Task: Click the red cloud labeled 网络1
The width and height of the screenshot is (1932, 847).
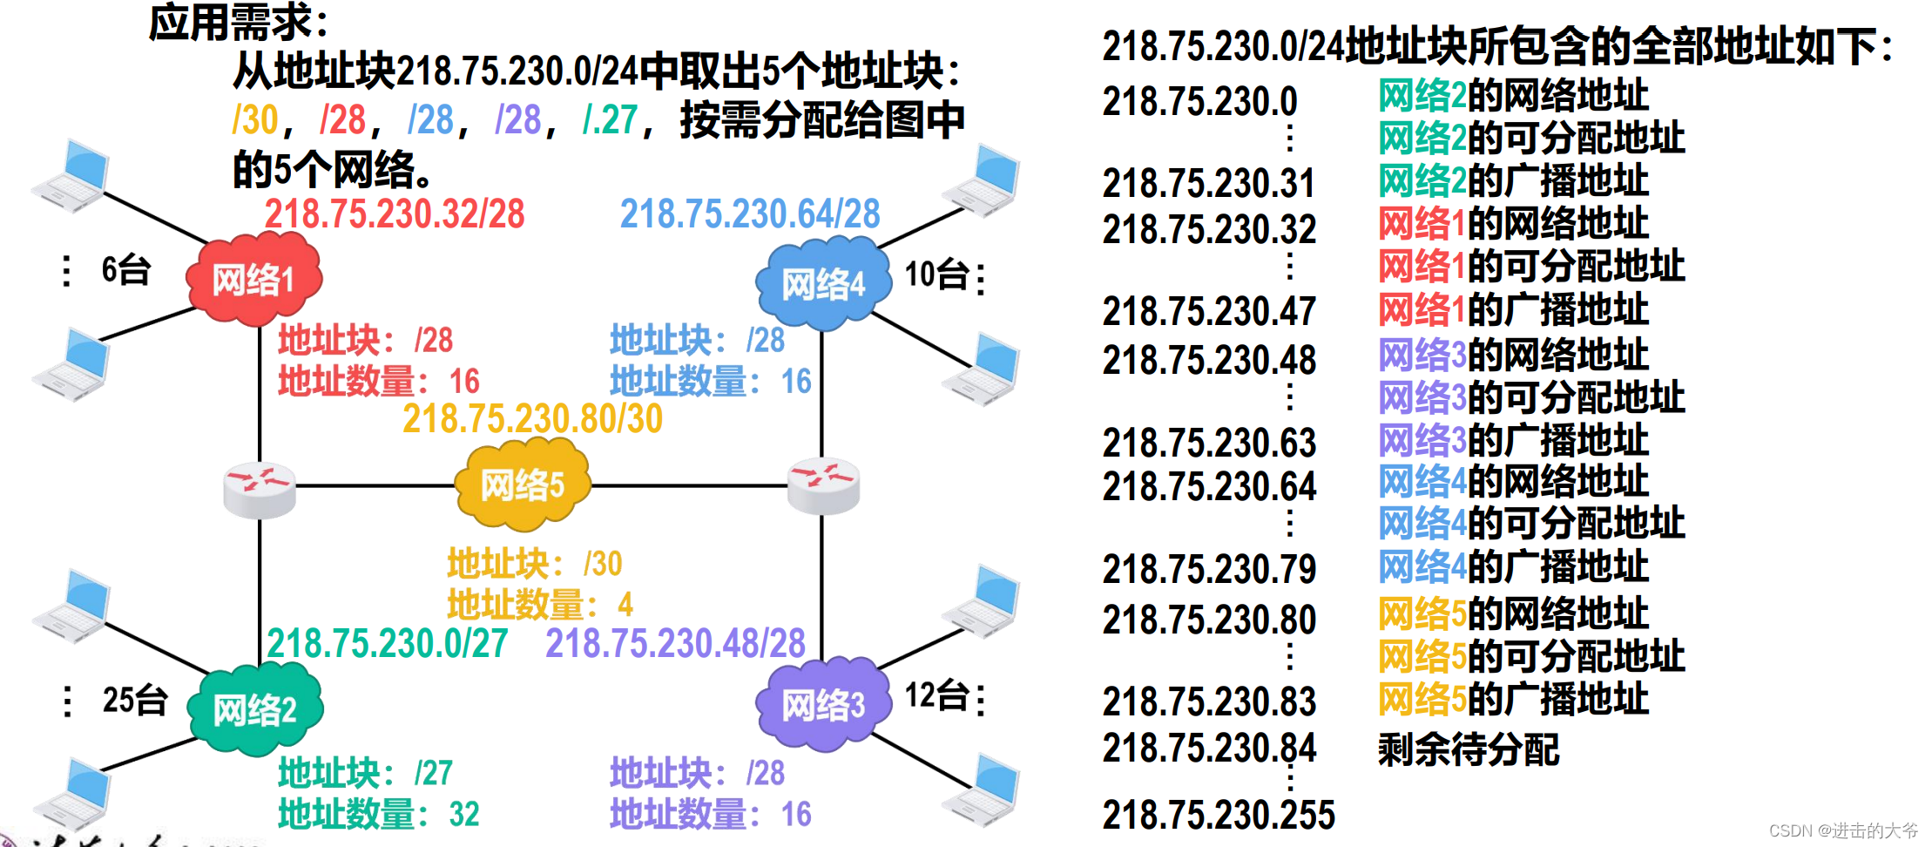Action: coord(253,280)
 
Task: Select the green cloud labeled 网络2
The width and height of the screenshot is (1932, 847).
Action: coord(255,709)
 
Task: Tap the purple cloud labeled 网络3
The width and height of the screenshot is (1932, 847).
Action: coord(823,704)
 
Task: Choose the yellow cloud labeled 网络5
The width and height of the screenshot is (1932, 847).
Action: coord(523,484)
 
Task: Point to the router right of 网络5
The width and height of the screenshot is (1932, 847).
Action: coord(823,485)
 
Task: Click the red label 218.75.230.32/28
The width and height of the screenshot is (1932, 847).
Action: coord(395,214)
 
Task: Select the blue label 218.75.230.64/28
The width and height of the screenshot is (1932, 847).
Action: coord(750,214)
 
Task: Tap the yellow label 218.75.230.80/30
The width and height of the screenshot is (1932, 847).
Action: coord(532,419)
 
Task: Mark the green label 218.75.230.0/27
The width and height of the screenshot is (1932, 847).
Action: coord(388,644)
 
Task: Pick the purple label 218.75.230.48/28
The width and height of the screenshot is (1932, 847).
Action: coord(675,644)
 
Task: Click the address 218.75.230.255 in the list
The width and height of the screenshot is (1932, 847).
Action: coord(1219,816)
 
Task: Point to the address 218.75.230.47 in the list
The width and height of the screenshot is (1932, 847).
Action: coord(1209,312)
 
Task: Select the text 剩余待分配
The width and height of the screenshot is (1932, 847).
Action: coord(1469,749)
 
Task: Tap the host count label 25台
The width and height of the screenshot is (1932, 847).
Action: coord(134,700)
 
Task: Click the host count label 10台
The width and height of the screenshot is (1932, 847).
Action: coord(937,275)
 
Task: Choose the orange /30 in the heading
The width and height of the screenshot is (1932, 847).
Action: coord(255,120)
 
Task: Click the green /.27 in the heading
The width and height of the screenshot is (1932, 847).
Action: coord(610,120)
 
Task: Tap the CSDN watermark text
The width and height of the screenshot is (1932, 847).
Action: coord(1843,830)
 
